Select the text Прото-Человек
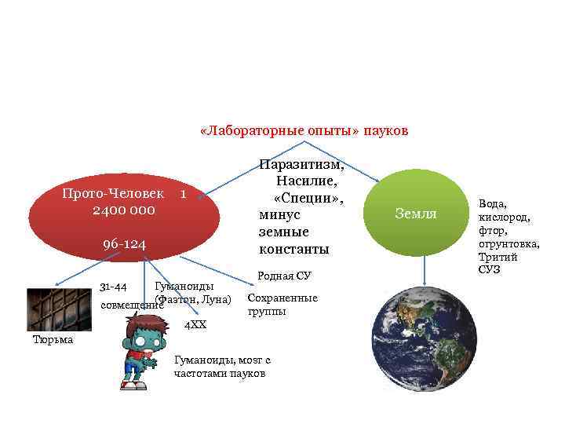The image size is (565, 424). (x=114, y=193)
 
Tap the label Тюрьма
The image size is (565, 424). (x=53, y=339)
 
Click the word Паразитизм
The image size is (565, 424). (x=301, y=166)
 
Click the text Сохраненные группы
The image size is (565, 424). (x=282, y=305)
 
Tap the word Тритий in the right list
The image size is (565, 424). (x=495, y=258)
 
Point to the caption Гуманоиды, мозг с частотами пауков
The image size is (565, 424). (x=222, y=367)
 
